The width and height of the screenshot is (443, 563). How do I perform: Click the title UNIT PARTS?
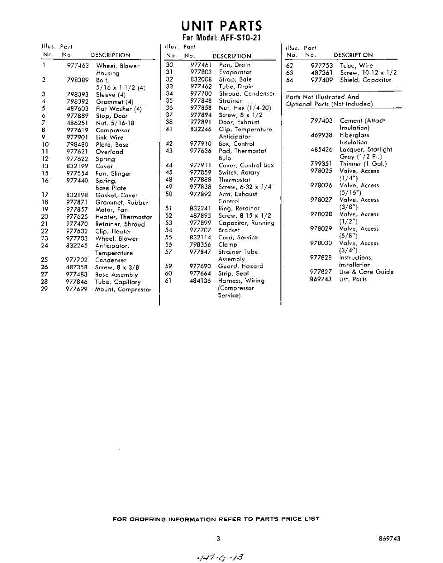[x=222, y=25]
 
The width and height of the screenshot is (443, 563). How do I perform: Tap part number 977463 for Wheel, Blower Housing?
[x=78, y=66]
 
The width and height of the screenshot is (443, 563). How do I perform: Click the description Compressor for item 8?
[x=113, y=130]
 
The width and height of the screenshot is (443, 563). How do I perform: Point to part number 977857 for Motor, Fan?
[x=78, y=210]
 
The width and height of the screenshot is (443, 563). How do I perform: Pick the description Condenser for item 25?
[x=111, y=260]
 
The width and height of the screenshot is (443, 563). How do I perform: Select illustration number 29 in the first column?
[x=45, y=289]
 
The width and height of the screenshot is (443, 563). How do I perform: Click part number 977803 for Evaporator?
[x=201, y=72]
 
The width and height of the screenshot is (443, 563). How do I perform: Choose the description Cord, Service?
[x=238, y=237]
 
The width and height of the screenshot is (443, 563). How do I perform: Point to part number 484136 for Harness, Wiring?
[x=201, y=281]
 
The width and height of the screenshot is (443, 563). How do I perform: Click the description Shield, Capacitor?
[x=365, y=80]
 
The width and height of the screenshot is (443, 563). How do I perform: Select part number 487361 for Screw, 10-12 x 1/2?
[x=322, y=73]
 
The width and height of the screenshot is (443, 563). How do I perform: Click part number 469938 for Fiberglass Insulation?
[x=321, y=135]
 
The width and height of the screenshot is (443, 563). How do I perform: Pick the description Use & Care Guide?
[x=366, y=272]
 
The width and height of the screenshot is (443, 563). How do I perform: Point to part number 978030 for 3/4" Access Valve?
[x=321, y=243]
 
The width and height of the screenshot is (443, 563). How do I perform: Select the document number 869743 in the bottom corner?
[x=389, y=539]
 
